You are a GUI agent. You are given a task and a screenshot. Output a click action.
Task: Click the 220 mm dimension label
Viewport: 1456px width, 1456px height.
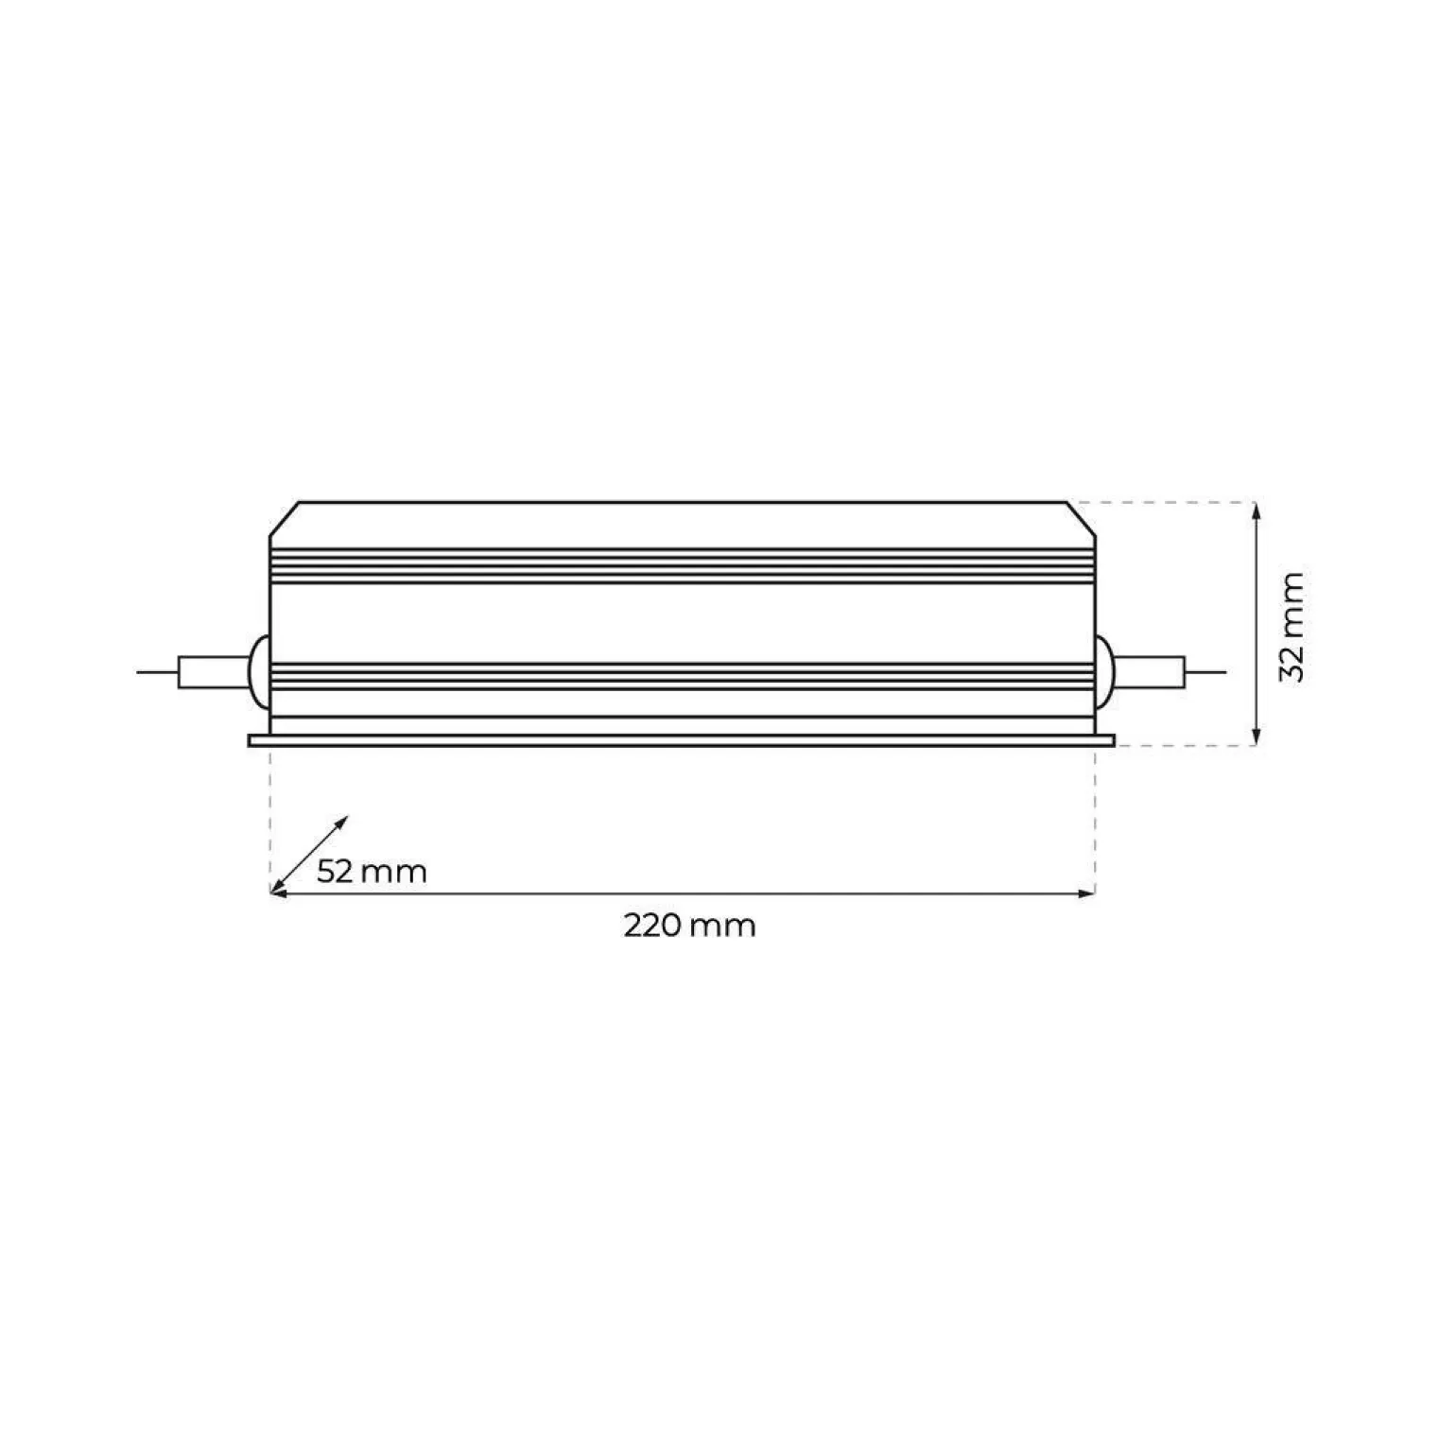[x=689, y=925]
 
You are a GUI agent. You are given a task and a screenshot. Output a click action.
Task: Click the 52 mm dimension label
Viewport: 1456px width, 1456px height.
[x=372, y=871]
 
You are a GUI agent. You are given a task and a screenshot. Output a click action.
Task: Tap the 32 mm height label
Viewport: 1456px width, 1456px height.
[x=1291, y=626]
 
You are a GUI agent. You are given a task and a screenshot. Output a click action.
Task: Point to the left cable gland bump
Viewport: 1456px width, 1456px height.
[x=258, y=672]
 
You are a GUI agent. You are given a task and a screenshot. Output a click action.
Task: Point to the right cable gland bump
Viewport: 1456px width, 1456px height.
[x=1105, y=672]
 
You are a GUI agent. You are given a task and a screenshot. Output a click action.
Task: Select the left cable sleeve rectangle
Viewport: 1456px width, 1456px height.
[x=214, y=672]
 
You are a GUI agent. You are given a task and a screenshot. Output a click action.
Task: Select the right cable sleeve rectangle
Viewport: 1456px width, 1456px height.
[x=1151, y=672]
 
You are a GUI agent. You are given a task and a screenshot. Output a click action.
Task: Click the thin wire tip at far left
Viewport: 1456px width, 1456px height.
[x=138, y=672]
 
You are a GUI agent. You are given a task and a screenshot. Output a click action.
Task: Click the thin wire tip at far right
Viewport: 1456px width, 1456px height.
[x=1226, y=672]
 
